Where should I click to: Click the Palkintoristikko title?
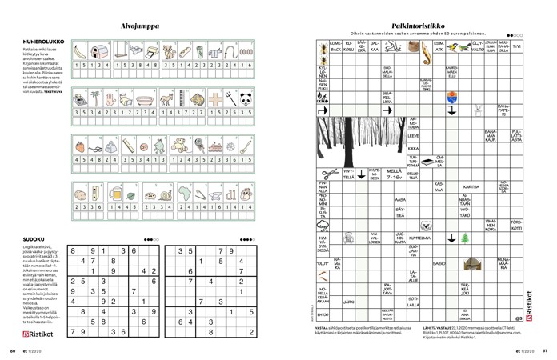413,26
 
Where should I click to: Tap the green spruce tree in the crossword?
467,238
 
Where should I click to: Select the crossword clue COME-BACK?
336,47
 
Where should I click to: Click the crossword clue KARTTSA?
471,187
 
